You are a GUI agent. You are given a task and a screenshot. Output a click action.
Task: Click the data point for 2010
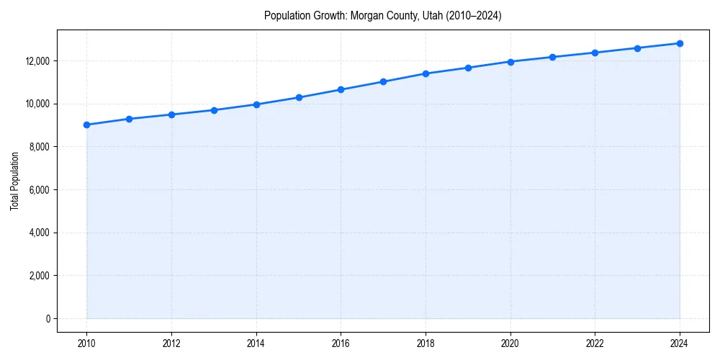pos(86,125)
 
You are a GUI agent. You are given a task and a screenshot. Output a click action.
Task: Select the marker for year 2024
pos(680,43)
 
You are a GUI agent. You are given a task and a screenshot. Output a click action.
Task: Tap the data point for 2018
pos(426,73)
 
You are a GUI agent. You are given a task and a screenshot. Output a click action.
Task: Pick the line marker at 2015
pos(299,97)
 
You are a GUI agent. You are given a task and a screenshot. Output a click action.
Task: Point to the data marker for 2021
pos(553,57)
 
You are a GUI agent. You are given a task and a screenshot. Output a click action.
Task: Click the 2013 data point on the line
pos(214,110)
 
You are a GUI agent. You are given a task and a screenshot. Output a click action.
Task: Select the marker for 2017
pos(383,81)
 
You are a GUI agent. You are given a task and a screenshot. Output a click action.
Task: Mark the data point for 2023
pos(637,48)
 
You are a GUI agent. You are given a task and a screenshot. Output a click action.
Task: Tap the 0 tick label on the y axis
pos(48,318)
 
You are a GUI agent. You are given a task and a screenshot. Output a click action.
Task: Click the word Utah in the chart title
pos(421,15)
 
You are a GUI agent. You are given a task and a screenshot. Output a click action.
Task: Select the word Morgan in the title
pos(366,15)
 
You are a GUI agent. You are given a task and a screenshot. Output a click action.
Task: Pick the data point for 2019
pos(468,68)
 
